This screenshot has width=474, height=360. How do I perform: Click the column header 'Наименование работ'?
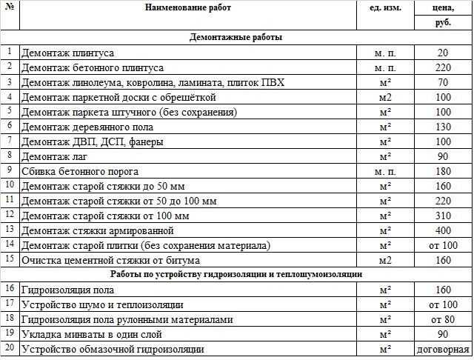[x=188, y=7]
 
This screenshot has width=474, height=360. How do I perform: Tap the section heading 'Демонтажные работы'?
[x=236, y=37]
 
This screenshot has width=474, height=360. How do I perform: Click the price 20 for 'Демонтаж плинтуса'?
[x=443, y=53]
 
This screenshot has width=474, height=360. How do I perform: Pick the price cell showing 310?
[x=443, y=216]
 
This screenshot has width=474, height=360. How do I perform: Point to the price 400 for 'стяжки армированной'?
[x=443, y=230]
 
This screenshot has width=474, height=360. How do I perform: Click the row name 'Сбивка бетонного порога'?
[x=76, y=172]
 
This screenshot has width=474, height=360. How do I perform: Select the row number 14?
[x=9, y=244]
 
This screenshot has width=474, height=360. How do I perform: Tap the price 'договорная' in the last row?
[x=443, y=349]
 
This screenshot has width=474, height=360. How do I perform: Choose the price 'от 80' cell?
[x=443, y=319]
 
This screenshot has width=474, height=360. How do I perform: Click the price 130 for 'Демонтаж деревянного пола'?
[x=443, y=127]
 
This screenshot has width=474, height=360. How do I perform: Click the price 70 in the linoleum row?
[x=443, y=82]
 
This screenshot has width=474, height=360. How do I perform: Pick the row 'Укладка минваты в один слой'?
[x=87, y=334]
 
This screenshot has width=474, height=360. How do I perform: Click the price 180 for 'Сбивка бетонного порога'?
[x=443, y=171]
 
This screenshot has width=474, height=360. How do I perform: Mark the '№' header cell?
[x=9, y=7]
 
